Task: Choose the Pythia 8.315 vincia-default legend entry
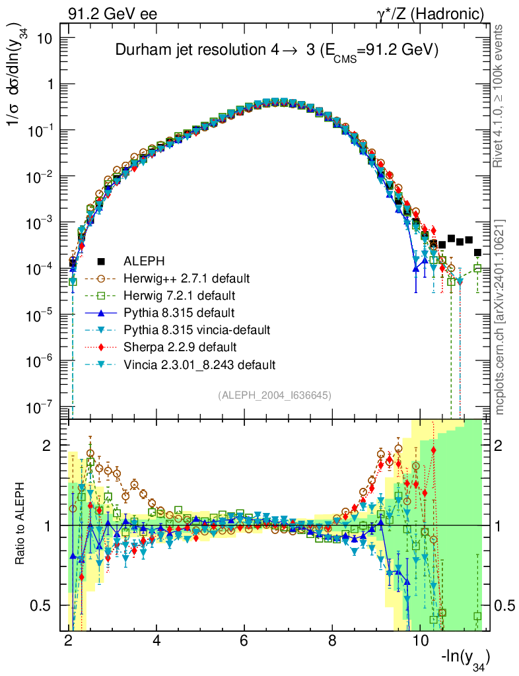coord(197,329)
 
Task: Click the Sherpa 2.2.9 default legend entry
coord(171,347)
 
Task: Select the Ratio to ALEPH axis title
coord(22,525)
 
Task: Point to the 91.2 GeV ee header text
coord(112,13)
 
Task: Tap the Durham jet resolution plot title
coord(277,51)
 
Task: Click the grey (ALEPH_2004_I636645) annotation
coord(275,395)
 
